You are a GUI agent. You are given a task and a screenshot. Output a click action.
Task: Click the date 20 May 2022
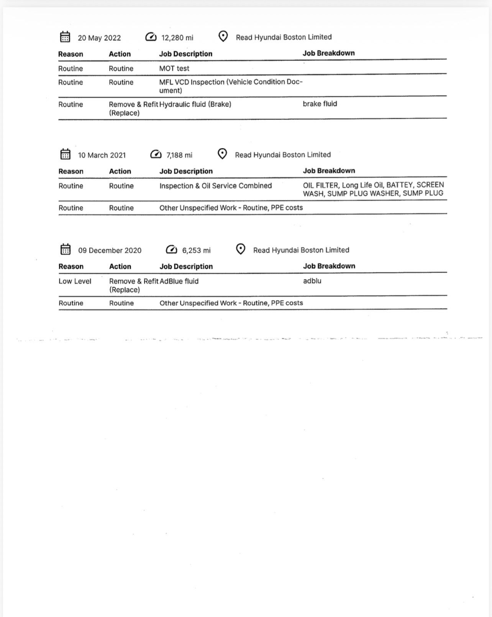[99, 38]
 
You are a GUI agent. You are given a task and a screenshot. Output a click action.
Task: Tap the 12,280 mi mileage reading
[177, 38]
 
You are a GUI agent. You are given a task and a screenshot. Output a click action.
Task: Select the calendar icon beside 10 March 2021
[66, 154]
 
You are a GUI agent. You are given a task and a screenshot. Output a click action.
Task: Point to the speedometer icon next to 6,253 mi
[171, 250]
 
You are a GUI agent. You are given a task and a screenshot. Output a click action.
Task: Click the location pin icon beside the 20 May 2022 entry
[223, 36]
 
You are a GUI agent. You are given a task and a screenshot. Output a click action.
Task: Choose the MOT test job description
[174, 69]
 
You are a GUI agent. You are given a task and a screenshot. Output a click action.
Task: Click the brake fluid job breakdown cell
[320, 104]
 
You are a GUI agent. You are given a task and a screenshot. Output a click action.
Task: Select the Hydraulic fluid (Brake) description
[195, 104]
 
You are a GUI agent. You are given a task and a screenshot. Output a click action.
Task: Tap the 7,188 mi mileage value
[179, 155]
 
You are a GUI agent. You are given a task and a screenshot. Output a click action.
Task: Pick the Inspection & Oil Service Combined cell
[215, 186]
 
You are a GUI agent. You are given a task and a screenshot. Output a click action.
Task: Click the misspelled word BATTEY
[399, 185]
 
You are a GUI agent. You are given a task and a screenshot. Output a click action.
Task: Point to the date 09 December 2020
[110, 250]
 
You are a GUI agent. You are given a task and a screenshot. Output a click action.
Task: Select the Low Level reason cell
[75, 281]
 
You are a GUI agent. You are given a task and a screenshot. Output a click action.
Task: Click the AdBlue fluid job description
[179, 281]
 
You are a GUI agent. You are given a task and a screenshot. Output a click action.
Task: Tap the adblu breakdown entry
[312, 281]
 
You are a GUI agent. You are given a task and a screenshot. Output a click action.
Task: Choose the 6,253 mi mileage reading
[196, 250]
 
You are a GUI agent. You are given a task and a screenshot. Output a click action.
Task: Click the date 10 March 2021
[102, 155]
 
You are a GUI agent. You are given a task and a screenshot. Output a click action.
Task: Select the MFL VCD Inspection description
[231, 82]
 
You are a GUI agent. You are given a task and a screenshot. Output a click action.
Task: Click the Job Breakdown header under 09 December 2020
[329, 266]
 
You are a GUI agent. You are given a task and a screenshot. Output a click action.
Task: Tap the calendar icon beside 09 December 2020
[66, 249]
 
